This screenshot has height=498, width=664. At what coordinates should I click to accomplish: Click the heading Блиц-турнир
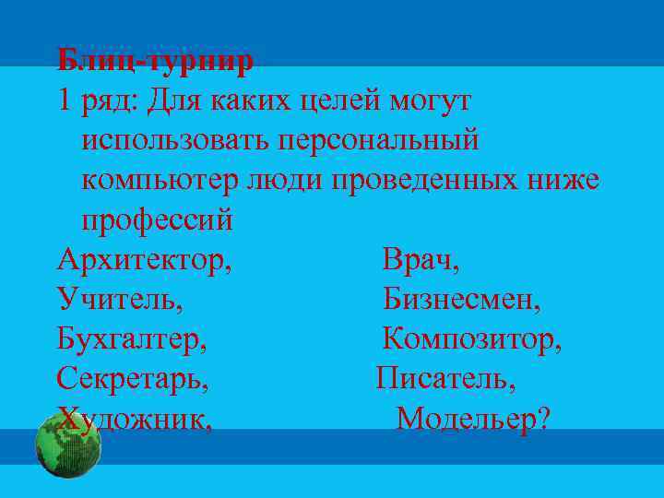(x=154, y=62)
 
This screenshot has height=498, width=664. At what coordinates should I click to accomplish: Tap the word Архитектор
(x=143, y=260)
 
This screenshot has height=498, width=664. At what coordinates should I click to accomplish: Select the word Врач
(x=420, y=260)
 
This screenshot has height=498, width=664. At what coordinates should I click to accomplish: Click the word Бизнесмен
(x=461, y=299)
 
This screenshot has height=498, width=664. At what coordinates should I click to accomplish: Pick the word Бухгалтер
(x=131, y=339)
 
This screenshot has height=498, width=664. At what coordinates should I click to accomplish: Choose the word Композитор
(x=471, y=339)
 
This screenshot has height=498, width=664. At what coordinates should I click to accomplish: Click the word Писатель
(x=445, y=378)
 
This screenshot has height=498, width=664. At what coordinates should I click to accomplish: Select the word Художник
(x=134, y=419)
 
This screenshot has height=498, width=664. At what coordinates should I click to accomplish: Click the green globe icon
(x=67, y=445)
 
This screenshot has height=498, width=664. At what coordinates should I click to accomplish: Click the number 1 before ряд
(x=64, y=101)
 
